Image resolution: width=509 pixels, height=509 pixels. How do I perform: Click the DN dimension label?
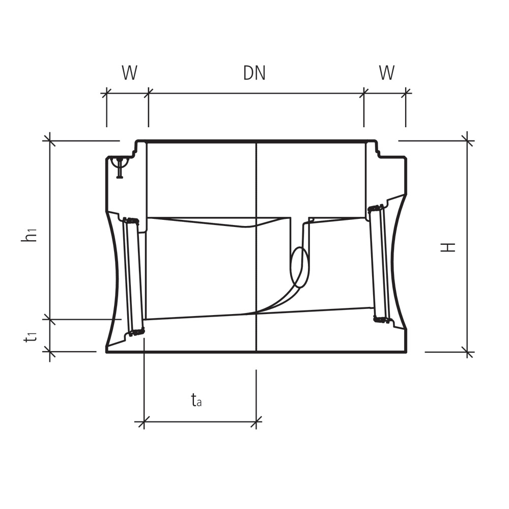(254, 73)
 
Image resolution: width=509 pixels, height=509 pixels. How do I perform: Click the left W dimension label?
(129, 73)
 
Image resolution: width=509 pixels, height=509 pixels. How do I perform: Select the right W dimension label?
(386, 73)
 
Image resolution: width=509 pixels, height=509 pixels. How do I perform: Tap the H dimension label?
(448, 247)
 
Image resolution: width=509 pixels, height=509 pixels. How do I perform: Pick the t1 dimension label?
(32, 336)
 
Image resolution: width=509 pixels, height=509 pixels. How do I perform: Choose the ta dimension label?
(196, 401)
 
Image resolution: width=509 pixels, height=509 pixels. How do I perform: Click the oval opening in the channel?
(299, 267)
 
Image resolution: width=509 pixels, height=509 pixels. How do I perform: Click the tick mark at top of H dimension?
(467, 140)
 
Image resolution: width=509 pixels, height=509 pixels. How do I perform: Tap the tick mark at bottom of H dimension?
(467, 352)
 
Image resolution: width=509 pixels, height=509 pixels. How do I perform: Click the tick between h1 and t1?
(49, 319)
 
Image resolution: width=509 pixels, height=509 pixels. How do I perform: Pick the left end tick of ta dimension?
(144, 421)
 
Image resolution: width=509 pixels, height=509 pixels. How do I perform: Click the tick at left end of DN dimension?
(148, 93)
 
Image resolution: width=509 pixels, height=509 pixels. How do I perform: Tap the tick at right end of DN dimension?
(364, 93)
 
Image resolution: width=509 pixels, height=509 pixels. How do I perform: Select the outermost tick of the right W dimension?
(406, 93)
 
